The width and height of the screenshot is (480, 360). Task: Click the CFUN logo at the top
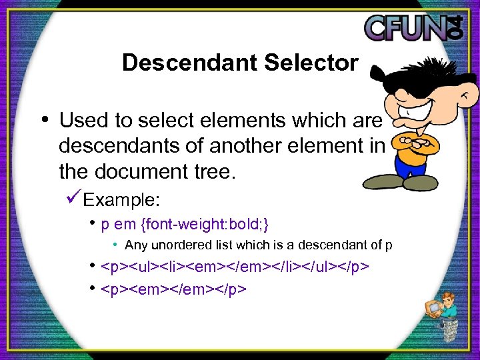[x=417, y=28]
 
